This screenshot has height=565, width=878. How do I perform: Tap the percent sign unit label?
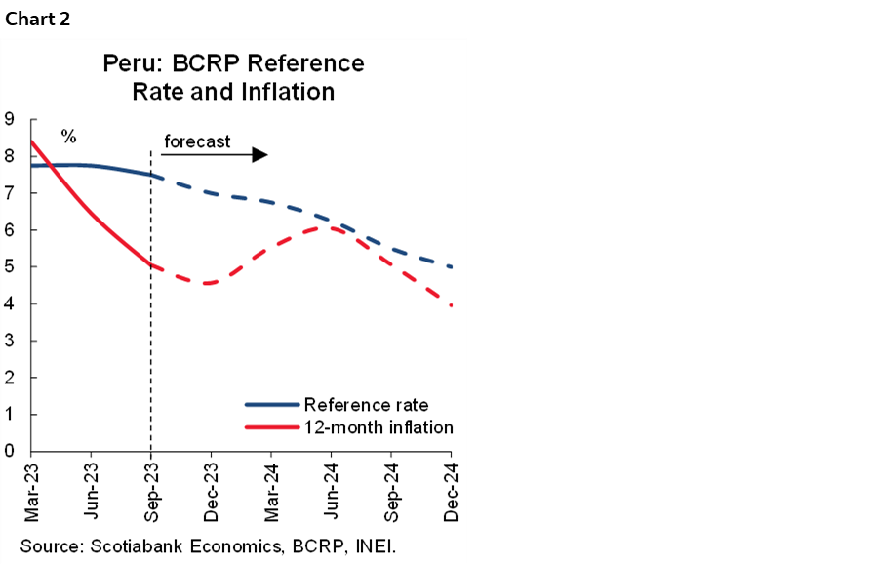68,136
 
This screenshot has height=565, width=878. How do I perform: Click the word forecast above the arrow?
197,141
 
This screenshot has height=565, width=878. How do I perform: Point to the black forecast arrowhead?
259,155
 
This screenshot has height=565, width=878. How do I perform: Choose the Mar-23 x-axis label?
31,488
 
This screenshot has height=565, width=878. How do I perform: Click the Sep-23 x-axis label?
151,488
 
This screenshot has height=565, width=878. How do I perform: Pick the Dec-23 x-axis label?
212,488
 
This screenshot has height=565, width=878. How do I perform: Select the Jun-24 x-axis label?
332,488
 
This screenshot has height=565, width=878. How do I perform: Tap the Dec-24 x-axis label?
452,488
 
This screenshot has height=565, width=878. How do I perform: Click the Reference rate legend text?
366,404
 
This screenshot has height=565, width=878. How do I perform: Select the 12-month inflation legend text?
379,427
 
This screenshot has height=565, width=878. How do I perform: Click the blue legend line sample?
271,404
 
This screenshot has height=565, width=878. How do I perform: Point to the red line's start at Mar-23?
32,141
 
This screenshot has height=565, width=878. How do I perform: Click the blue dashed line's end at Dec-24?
451,266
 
